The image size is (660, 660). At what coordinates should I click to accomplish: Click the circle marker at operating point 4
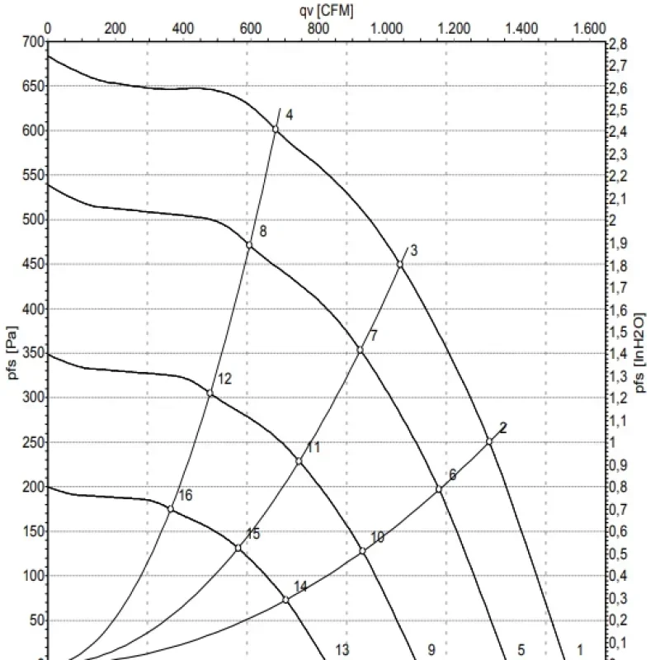point(276,130)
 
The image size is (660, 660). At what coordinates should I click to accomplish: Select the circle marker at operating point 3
point(400,265)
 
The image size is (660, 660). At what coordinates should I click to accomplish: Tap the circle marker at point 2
point(489,441)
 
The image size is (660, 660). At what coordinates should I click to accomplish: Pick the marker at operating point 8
point(249,245)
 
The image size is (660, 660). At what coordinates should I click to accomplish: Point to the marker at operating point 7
point(360,351)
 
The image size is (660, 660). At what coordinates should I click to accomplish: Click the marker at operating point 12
point(210,394)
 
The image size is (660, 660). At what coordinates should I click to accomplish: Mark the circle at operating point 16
point(171,509)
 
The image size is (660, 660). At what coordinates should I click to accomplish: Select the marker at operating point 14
point(286,600)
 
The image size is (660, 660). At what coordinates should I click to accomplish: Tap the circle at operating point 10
point(362,551)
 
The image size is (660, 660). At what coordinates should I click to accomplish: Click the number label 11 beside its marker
point(313,448)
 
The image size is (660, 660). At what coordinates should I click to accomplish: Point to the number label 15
point(253,535)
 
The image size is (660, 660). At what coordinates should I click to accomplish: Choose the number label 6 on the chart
point(452,475)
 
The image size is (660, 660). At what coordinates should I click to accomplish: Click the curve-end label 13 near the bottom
point(342,650)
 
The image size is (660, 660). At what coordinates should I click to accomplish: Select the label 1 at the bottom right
point(579,649)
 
